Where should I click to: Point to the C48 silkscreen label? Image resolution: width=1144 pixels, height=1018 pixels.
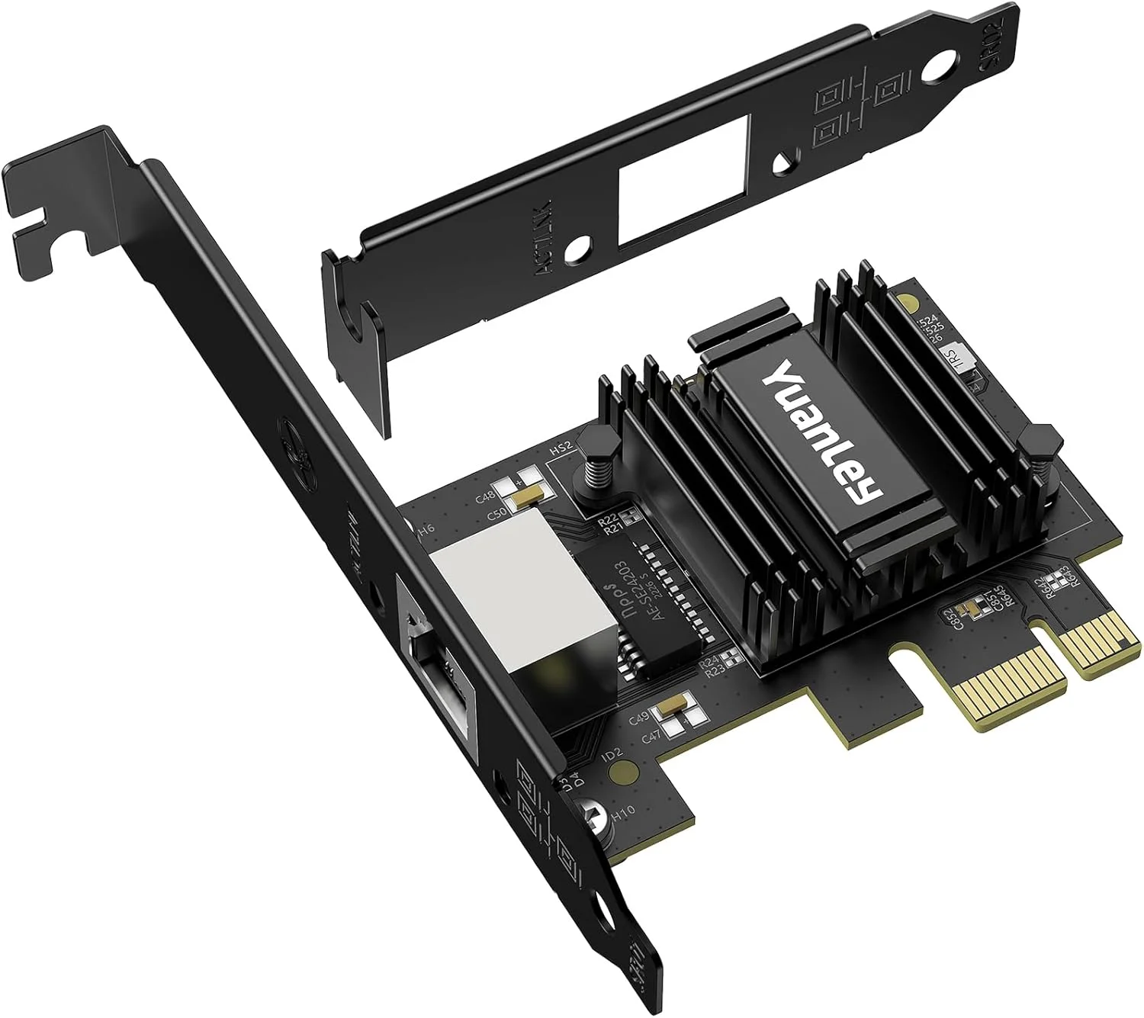tap(485, 499)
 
